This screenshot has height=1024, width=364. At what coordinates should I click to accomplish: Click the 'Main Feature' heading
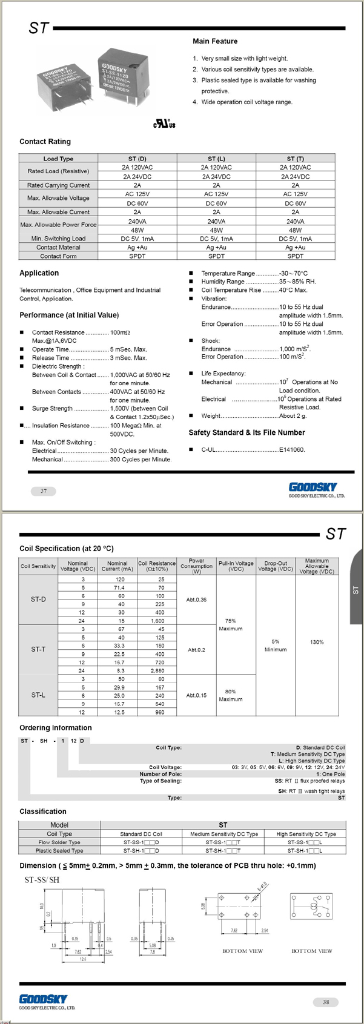pyautogui.click(x=215, y=41)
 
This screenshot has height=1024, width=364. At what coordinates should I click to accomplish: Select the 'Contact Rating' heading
pyautogui.click(x=45, y=142)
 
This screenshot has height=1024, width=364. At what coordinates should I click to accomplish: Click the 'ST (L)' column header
pyautogui.click(x=216, y=159)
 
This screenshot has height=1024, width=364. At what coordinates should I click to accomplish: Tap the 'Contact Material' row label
pyautogui.click(x=58, y=247)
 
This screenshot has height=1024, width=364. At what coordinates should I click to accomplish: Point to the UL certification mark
pyautogui.click(x=164, y=124)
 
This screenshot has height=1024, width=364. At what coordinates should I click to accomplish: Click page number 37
pyautogui.click(x=43, y=491)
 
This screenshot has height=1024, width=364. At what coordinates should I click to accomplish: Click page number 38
pyautogui.click(x=326, y=1002)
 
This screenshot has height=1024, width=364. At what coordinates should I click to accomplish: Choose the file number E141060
pyautogui.click(x=292, y=450)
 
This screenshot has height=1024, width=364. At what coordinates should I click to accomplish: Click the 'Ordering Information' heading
pyautogui.click(x=56, y=728)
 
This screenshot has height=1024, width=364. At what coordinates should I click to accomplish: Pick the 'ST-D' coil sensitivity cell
pyautogui.click(x=38, y=600)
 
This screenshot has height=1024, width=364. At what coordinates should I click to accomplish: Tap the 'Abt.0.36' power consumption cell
pyautogui.click(x=196, y=600)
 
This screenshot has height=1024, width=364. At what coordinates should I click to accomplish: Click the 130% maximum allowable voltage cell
pyautogui.click(x=317, y=642)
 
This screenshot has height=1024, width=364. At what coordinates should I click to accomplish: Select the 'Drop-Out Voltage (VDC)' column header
pyautogui.click(x=276, y=566)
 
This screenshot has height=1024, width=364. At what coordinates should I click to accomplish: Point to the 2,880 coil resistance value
pyautogui.click(x=157, y=671)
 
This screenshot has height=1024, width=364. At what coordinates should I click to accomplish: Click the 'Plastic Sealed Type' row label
pyautogui.click(x=59, y=851)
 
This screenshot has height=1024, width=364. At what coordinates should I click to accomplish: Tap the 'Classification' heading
pyautogui.click(x=43, y=811)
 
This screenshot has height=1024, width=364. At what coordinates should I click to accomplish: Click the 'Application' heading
pyautogui.click(x=39, y=273)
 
